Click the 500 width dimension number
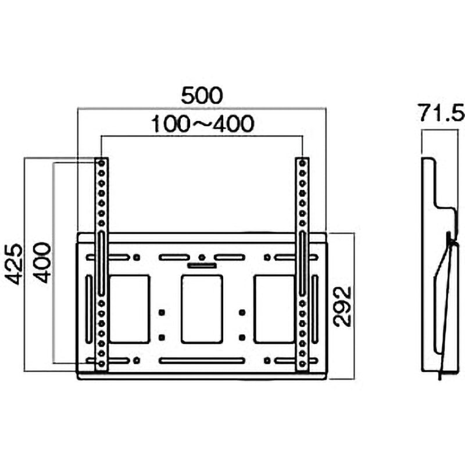[201, 95]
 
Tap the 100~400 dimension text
[202, 124]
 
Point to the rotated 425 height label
[16, 264]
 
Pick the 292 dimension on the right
[344, 306]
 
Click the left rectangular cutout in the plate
[130, 309]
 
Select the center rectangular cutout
[201, 309]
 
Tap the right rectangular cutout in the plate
[274, 309]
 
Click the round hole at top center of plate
[201, 257]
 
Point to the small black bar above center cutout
[201, 266]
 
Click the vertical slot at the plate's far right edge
[314, 309]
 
